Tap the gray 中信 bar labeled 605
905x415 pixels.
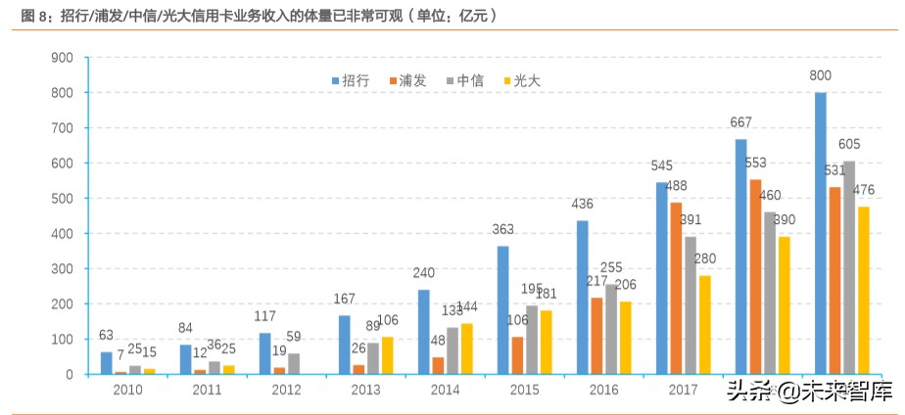point(848,267)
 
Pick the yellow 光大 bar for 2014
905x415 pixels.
point(466,348)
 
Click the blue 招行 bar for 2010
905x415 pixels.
point(107,363)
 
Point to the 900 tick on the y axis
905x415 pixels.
point(63,58)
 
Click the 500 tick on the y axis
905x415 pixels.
point(63,199)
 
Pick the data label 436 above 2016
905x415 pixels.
point(582,205)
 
